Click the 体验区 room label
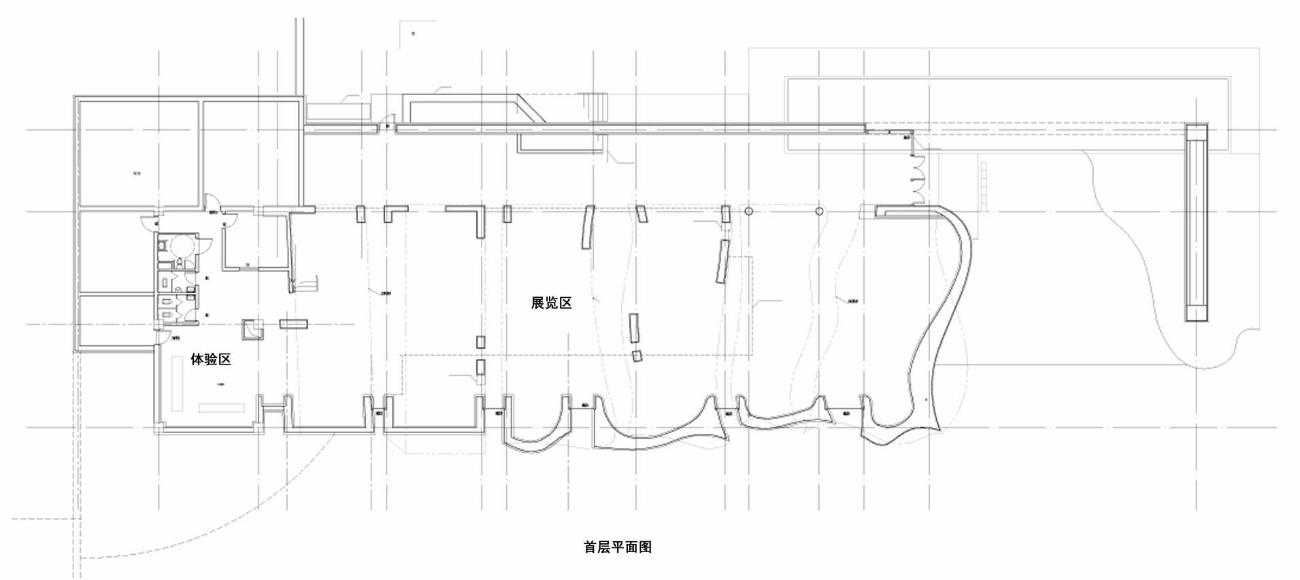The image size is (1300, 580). coord(211,359)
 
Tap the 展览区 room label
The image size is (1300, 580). coord(551,303)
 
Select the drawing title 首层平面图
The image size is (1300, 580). coord(618,547)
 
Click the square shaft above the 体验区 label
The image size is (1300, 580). coord(252,330)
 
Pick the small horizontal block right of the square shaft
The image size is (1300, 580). coord(293,324)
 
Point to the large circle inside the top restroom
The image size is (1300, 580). coord(182,244)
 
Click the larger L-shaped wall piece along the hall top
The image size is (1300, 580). coord(469,218)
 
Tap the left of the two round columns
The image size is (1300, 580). coord(748,211)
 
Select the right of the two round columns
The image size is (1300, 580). coord(819,211)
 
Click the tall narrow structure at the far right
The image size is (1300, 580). coord(1197,222)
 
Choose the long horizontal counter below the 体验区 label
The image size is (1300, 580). coord(221,408)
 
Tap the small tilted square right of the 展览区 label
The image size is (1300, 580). coord(637,356)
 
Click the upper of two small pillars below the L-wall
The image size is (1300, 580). coord(480,342)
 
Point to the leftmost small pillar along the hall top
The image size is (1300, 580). coord(360,214)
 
